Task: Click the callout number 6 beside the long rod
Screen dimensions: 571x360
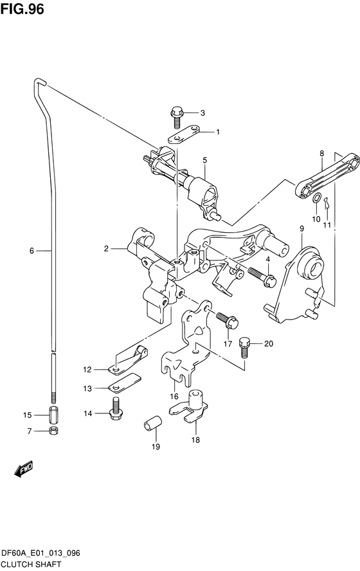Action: coord(31,250)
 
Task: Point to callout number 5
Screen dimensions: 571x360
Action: coord(204,160)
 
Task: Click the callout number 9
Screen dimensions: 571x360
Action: coord(301,228)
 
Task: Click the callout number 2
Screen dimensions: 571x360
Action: coord(106,248)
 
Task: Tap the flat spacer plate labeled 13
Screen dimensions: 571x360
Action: coord(124,386)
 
